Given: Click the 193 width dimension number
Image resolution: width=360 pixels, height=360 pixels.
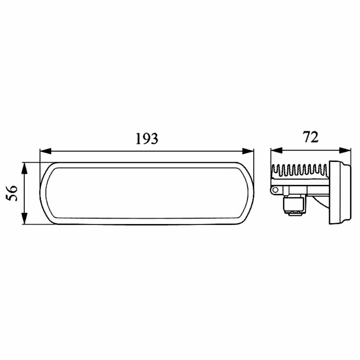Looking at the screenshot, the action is point(147,139).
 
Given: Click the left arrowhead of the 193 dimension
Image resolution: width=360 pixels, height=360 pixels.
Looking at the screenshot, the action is point(45,151).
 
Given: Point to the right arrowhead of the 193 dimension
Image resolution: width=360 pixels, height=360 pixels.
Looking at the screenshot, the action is point(248,151).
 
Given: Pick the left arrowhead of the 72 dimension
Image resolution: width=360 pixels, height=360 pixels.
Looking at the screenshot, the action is point(276,150).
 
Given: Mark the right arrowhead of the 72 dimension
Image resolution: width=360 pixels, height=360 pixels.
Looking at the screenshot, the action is point(345,150).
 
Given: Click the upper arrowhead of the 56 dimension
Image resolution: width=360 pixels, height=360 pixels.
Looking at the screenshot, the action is point(24,168).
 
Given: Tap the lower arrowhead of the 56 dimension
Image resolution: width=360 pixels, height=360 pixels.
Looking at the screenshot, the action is point(24,218).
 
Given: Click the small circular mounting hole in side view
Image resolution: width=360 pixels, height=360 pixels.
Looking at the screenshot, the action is point(275,189).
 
